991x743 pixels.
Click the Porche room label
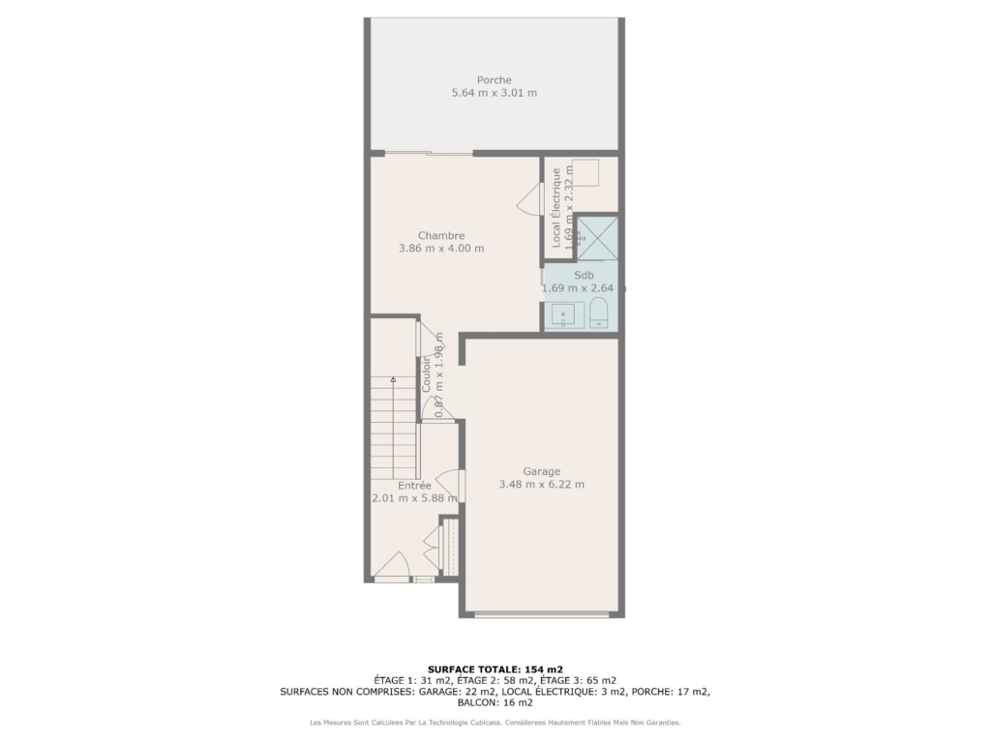point(495,80)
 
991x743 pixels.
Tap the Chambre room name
point(441,236)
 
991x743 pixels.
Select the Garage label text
point(542,471)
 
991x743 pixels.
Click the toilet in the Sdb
point(598,312)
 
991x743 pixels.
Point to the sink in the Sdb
point(563,315)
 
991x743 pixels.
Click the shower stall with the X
point(597,238)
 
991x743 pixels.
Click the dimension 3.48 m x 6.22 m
point(542,485)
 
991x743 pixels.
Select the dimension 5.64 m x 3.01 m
point(495,93)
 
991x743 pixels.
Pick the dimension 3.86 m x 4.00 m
point(441,249)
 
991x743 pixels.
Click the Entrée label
point(414,486)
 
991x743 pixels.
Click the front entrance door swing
point(393,564)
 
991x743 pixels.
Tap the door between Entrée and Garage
point(450,485)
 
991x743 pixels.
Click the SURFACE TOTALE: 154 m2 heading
point(495,669)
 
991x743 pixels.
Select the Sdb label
point(584,276)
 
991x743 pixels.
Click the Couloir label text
point(426,374)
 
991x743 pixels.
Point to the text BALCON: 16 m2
point(495,702)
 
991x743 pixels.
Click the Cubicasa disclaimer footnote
point(495,722)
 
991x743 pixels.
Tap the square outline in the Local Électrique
point(586,173)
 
